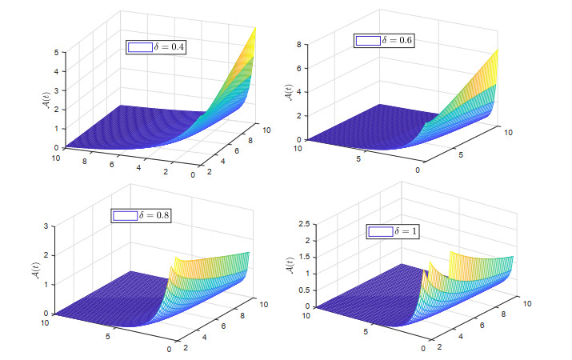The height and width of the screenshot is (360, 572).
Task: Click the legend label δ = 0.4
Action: [x=169, y=48]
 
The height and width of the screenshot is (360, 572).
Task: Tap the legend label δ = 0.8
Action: [x=155, y=215]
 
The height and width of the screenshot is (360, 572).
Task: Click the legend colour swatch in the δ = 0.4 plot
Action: [x=139, y=48]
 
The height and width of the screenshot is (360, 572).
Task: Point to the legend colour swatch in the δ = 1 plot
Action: [x=381, y=232]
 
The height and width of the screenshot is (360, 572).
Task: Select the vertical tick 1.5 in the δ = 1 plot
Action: [x=302, y=258]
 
